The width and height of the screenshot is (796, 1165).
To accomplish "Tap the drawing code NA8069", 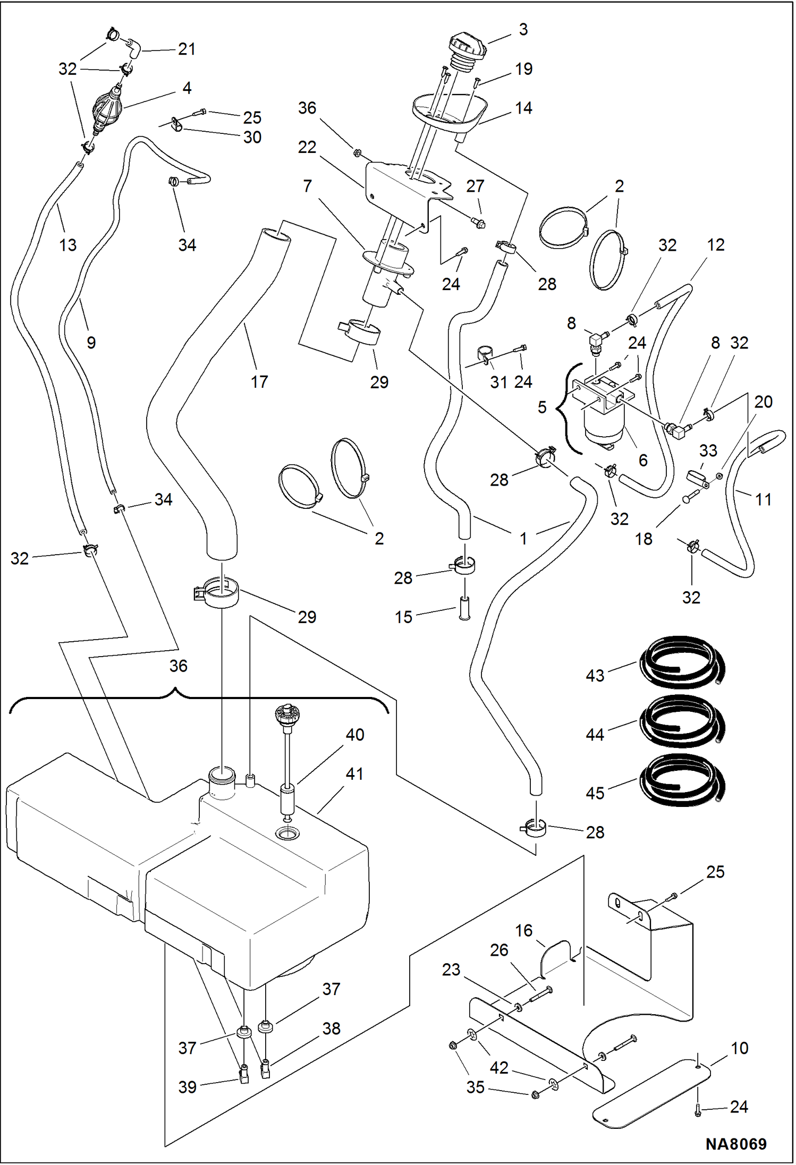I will coord(736,1144).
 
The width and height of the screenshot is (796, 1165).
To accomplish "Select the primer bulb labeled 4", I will coord(107,109).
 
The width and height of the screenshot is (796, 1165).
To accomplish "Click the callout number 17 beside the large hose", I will coord(259,381).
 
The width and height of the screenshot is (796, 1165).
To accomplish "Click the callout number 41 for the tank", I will coord(354,774).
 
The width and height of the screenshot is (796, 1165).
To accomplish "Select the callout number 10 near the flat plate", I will coord(739,1048).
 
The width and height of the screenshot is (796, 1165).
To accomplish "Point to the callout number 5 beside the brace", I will coord(541,407).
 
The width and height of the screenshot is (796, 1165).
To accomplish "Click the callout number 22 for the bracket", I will coord(307,147).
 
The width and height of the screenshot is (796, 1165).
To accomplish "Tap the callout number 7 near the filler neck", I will coord(307,186).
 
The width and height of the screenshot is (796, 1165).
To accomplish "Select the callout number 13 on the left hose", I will coord(67,245).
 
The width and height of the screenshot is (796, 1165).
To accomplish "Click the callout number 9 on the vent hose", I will coord(91,343).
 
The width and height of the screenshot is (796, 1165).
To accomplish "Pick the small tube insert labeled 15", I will coord(464,609).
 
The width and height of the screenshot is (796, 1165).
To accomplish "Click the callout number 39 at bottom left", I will coord(188,1087).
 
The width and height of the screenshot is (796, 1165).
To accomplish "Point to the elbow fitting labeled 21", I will coord(133,48).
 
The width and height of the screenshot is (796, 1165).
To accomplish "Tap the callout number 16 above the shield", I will coord(523,930).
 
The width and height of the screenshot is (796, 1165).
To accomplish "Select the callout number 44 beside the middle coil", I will coord(595,735).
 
